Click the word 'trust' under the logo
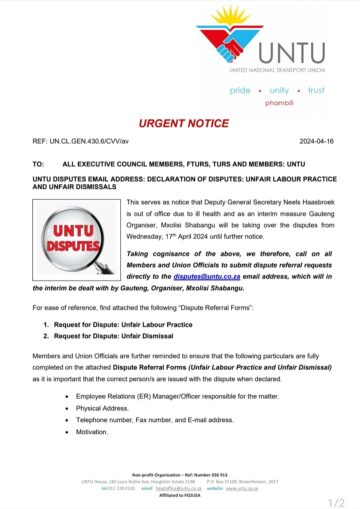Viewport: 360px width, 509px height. pyautogui.click(x=316, y=90)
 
